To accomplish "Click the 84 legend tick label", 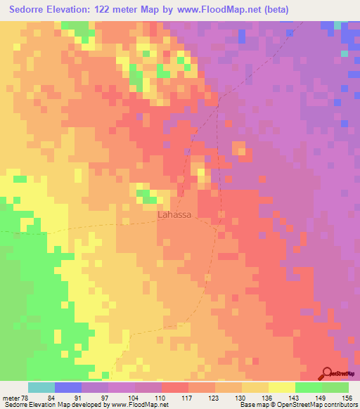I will tap(41, 397).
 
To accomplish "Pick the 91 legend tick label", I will tap(68, 397).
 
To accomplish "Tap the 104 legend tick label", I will tap(122, 397).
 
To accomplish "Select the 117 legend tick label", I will tap(176, 397).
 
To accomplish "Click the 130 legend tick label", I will tap(231, 397).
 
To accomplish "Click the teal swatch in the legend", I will tap(41, 387).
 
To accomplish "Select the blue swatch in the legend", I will tap(68, 387).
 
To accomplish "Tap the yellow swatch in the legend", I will tap(283, 387).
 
